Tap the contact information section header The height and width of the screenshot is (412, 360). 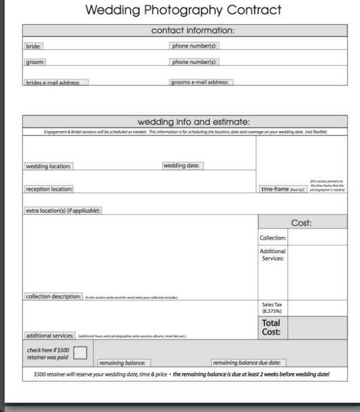pyautogui.click(x=185, y=30)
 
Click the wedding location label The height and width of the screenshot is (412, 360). pyautogui.click(x=49, y=166)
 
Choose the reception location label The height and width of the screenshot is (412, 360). pyautogui.click(x=50, y=189)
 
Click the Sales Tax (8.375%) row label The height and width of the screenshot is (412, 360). pyautogui.click(x=272, y=307)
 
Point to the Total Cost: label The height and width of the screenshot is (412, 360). pyautogui.click(x=272, y=327)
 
